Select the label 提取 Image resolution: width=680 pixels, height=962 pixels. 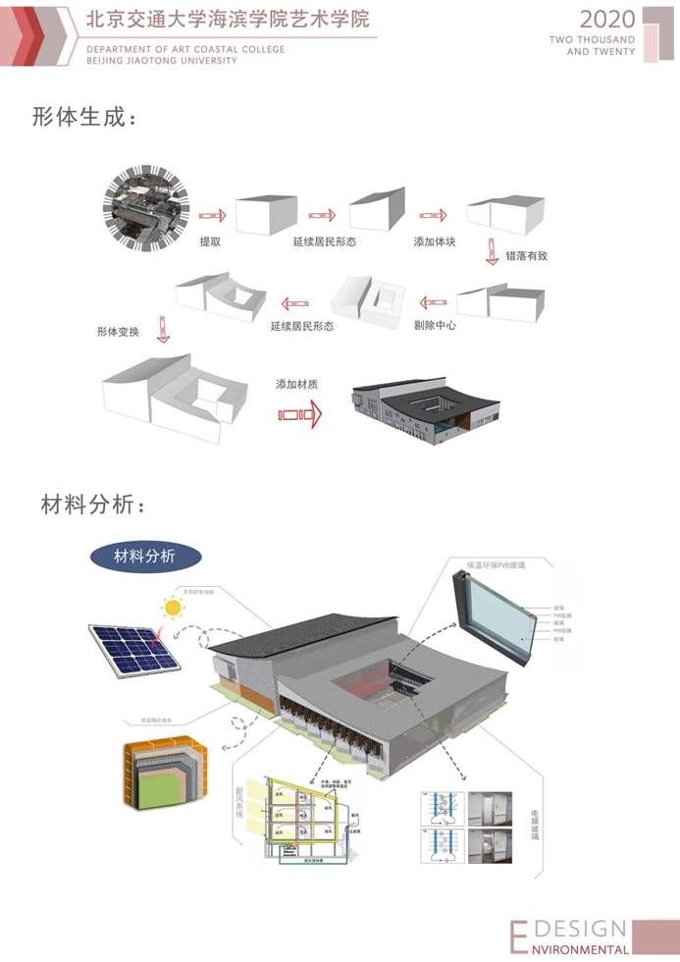pos(211,241)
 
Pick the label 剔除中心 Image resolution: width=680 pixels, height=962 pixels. pos(435,324)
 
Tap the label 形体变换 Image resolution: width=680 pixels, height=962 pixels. pos(118,332)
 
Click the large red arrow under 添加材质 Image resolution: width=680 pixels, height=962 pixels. pos(299,415)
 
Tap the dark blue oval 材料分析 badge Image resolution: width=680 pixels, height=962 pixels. pos(146,556)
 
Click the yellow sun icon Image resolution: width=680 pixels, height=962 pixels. pos(175,609)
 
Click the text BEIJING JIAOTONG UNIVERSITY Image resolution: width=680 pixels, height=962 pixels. pos(162,60)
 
